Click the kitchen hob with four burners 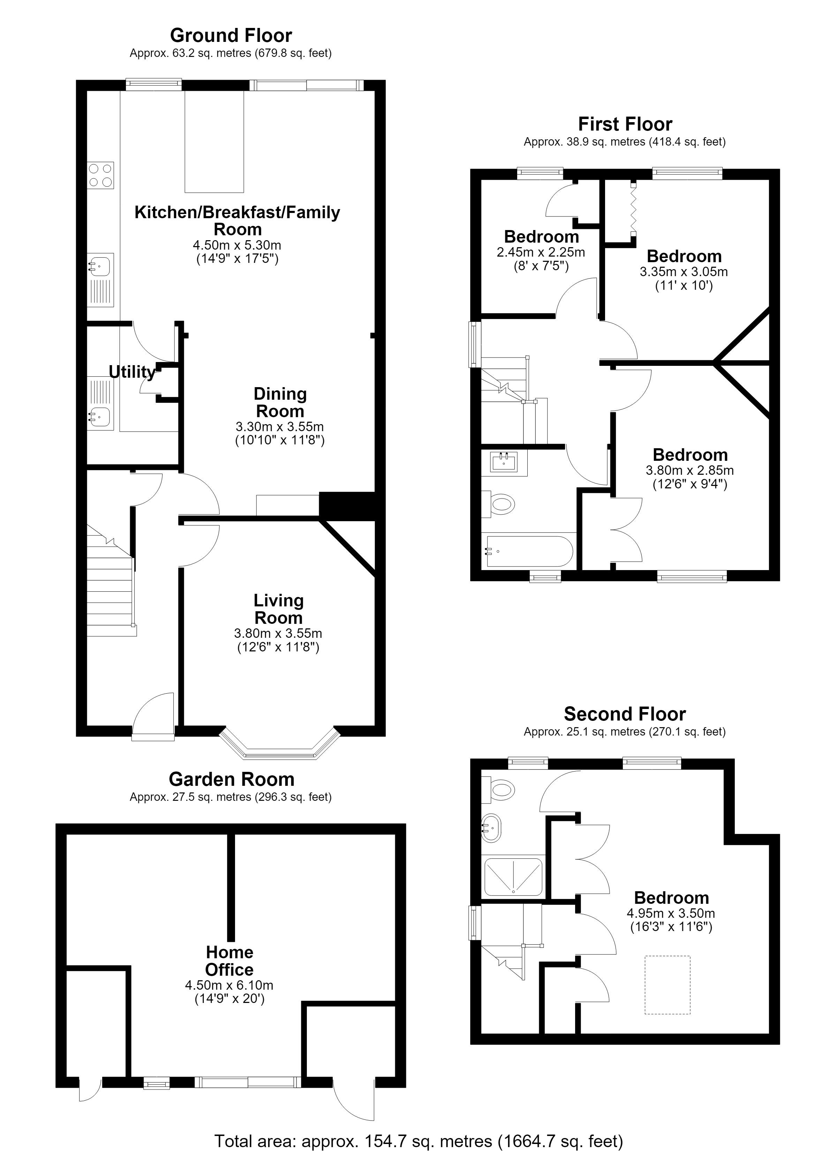click(100, 175)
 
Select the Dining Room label click(280, 402)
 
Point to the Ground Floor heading click(231, 36)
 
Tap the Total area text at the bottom click(419, 1141)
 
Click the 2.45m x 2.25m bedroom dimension click(541, 252)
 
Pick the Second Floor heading click(625, 714)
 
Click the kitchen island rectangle click(214, 142)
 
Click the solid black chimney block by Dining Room click(347, 505)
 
